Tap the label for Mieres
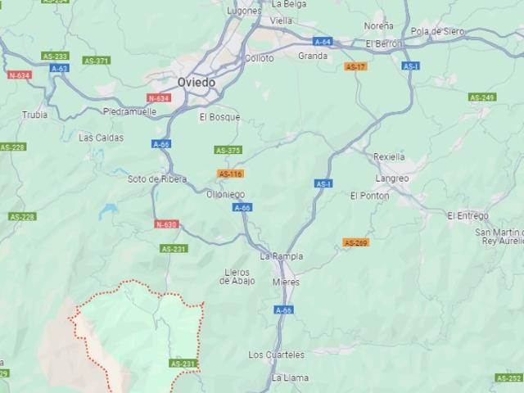286,282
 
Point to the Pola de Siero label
437,31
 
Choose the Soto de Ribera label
157,178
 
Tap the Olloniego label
225,194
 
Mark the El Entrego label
468,215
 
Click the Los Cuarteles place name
277,355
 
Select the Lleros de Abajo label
237,276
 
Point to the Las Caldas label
101,138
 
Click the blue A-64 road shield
323,41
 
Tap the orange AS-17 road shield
355,66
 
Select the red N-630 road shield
165,224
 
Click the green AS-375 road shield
228,150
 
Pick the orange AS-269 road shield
355,242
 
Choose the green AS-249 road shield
481,97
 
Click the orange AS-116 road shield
230,174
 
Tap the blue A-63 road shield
59,68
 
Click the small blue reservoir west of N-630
107,211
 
